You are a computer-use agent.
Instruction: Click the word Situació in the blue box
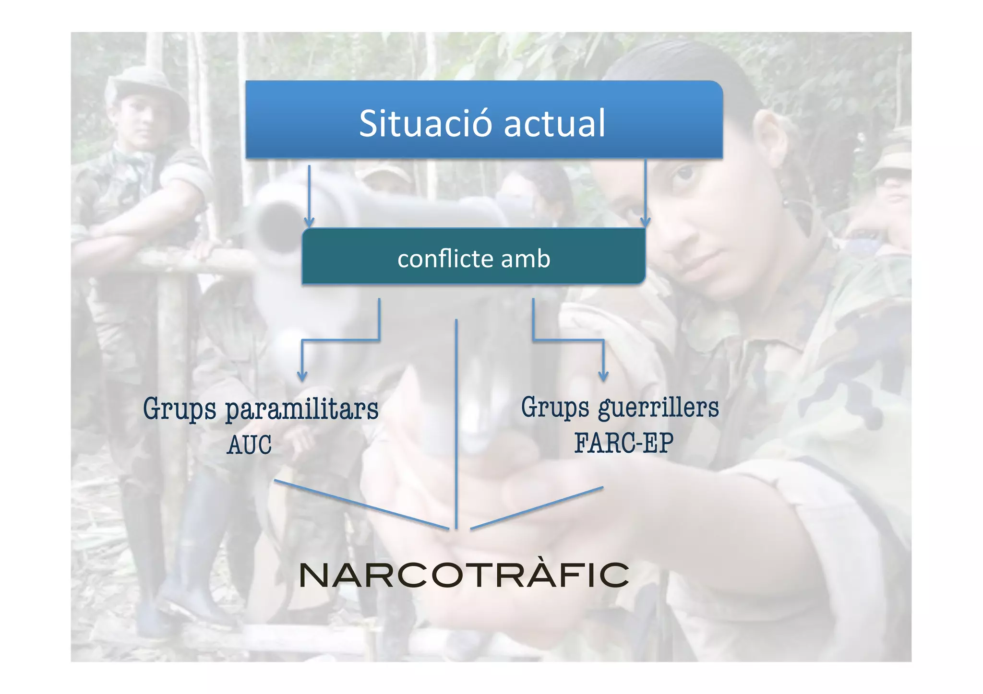425,124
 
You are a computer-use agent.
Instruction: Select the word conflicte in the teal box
445,259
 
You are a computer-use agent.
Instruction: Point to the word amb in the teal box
526,259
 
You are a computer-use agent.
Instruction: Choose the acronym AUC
249,445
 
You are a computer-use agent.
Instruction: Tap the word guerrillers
659,409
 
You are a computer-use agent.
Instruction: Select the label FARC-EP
624,443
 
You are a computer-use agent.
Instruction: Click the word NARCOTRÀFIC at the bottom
464,575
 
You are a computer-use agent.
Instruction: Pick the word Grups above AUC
180,410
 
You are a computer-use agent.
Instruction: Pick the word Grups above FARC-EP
555,408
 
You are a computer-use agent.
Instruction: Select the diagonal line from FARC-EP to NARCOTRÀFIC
537,508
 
